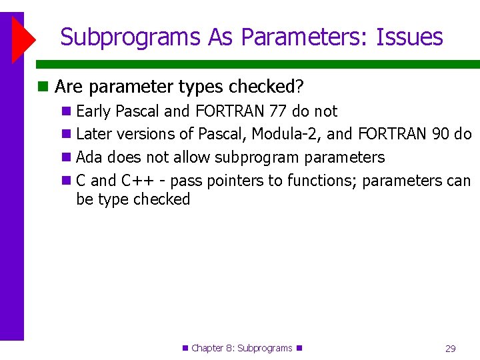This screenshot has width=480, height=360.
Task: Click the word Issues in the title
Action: click(409, 37)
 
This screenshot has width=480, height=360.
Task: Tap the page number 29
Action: click(450, 349)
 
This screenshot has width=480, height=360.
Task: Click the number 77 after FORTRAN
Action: click(277, 111)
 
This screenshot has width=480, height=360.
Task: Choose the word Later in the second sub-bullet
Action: click(93, 134)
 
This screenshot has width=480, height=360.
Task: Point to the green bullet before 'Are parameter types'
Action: click(43, 87)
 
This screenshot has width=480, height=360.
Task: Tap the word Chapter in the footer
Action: click(208, 349)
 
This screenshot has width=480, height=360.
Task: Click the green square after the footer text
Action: click(299, 348)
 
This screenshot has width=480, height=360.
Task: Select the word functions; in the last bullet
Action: click(322, 181)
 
